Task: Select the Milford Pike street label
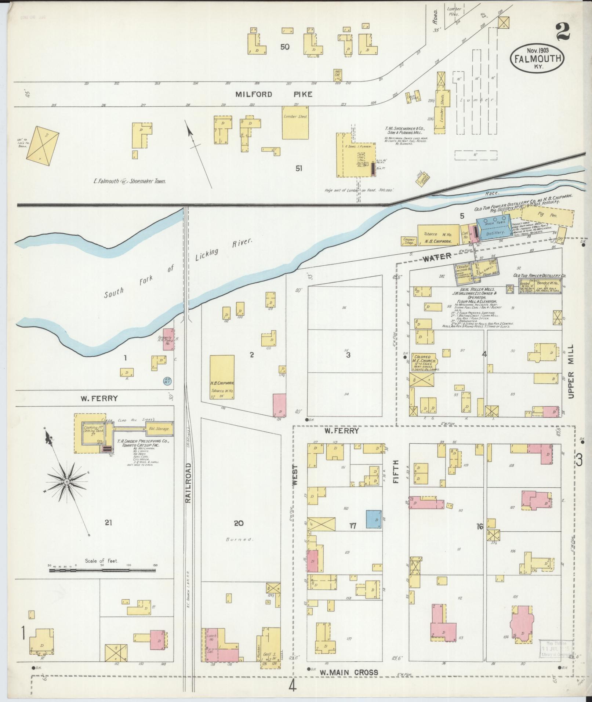point(274,94)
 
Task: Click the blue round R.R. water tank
point(167,381)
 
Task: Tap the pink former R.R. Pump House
point(168,339)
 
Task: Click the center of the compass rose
point(67,481)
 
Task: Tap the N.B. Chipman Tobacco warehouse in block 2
point(222,377)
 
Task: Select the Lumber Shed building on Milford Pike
point(295,123)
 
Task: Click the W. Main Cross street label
point(348,672)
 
